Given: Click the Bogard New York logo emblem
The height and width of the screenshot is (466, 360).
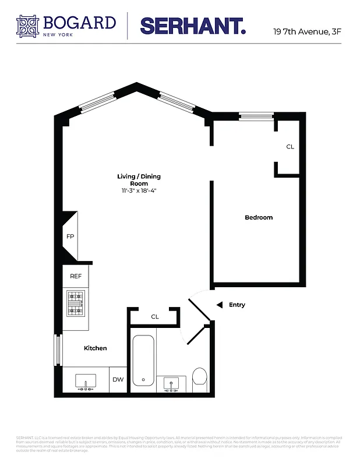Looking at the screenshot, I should click(30, 26).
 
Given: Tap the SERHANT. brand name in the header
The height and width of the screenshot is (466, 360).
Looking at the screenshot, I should click(192, 26).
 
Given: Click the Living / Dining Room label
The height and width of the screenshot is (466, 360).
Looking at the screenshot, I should click(139, 179).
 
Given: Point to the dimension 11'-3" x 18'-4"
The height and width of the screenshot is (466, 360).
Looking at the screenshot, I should click(139, 191).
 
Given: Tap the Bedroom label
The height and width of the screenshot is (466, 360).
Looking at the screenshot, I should click(258, 217).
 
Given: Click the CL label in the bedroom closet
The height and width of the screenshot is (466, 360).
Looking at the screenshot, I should click(290, 147).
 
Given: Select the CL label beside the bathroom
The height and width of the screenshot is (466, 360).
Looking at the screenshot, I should click(155, 317).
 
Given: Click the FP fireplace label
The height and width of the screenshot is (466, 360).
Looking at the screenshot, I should click(70, 236).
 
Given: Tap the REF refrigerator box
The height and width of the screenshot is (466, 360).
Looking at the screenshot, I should click(76, 277).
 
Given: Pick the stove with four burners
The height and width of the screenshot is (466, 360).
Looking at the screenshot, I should click(76, 303).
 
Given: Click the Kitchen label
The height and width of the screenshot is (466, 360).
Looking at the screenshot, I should click(95, 348).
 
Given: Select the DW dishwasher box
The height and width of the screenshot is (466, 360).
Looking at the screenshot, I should click(118, 379).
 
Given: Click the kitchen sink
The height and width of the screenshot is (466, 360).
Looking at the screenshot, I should click(86, 380).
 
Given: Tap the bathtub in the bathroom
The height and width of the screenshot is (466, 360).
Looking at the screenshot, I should click(143, 360).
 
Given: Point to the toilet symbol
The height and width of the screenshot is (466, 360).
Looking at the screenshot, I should click(199, 377).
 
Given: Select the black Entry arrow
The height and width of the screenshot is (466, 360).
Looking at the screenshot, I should click(219, 305).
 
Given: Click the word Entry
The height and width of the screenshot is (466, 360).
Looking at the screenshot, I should click(237, 305).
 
